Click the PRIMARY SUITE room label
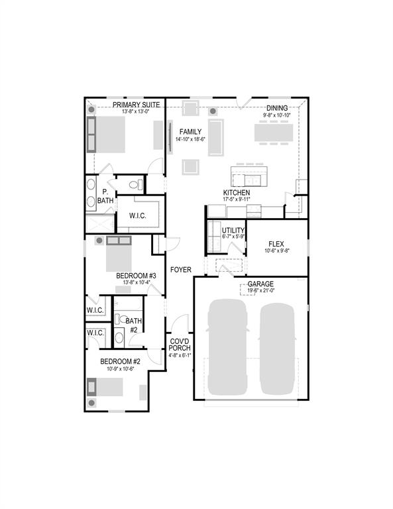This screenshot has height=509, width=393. click(x=137, y=105)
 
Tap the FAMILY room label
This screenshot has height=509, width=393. click(x=190, y=131)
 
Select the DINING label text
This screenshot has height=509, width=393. click(x=277, y=108)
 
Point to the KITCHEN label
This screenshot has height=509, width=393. click(x=236, y=192)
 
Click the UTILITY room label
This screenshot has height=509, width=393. click(x=224, y=230)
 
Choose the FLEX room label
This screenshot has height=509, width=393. click(x=276, y=243)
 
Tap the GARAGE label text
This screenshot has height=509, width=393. click(x=260, y=284)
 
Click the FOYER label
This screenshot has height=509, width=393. click(x=180, y=270)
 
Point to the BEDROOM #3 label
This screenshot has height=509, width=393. click(x=136, y=276)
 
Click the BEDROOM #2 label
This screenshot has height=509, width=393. click(x=120, y=361)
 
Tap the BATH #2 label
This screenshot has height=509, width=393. click(x=133, y=325)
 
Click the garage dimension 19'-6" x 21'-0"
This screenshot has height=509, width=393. click(x=260, y=290)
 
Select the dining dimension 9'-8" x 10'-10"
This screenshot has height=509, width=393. click(x=277, y=115)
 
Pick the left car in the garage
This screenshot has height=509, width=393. click(x=227, y=348)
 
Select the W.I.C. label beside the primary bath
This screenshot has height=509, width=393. click(x=138, y=215)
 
